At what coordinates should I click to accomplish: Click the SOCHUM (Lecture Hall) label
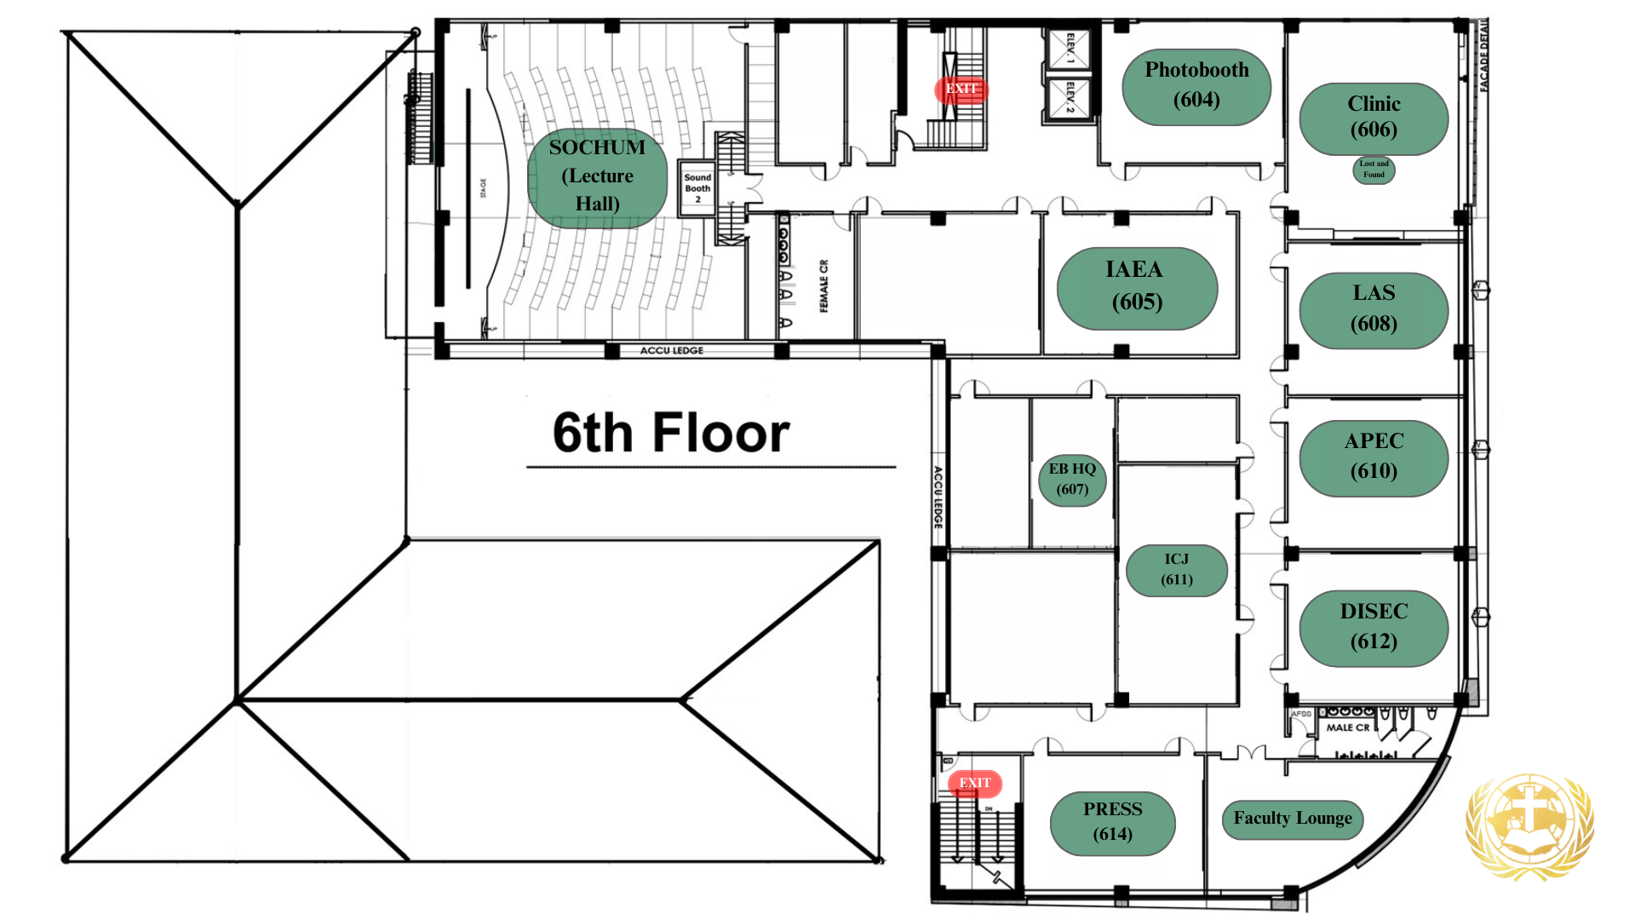(x=597, y=176)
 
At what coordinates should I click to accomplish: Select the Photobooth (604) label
(x=1196, y=86)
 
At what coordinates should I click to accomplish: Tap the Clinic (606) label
(x=1374, y=118)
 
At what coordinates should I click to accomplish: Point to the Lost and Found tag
(x=1374, y=170)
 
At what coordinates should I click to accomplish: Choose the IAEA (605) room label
(x=1136, y=287)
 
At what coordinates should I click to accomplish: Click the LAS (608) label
(x=1374, y=309)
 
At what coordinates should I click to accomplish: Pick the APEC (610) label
(x=1374, y=457)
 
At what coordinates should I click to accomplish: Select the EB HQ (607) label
(x=1072, y=480)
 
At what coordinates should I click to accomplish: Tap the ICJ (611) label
(x=1176, y=570)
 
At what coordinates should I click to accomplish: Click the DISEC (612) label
(x=1374, y=627)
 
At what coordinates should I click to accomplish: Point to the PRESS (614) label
(x=1112, y=822)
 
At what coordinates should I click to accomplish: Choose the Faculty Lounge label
(x=1292, y=819)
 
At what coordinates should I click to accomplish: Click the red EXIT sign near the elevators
(x=961, y=89)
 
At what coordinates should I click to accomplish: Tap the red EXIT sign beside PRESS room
(x=975, y=783)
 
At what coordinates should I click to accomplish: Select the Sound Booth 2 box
(x=697, y=188)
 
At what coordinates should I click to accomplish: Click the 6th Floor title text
(x=671, y=433)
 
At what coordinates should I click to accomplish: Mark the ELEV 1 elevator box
(x=1069, y=49)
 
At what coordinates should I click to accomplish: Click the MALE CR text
(x=1347, y=727)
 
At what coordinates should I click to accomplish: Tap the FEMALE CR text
(x=823, y=286)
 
